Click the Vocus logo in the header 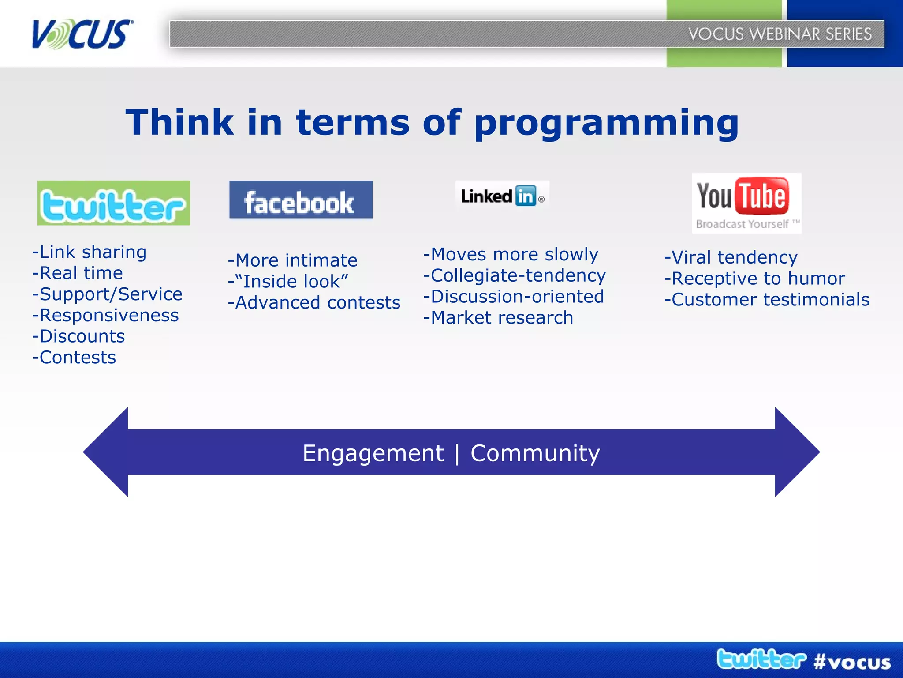pyautogui.click(x=82, y=34)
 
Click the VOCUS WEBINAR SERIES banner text pyautogui.click(x=780, y=34)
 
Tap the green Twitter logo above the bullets pyautogui.click(x=113, y=203)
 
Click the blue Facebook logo pyautogui.click(x=301, y=200)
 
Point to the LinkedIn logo pyautogui.click(x=502, y=196)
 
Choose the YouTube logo pyautogui.click(x=746, y=203)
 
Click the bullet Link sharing pyautogui.click(x=90, y=252)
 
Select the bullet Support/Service pyautogui.click(x=107, y=294)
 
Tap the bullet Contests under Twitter pyautogui.click(x=74, y=358)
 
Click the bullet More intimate pyautogui.click(x=292, y=260)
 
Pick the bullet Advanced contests pyautogui.click(x=314, y=303)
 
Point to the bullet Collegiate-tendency pyautogui.click(x=515, y=275)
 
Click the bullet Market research pyautogui.click(x=498, y=318)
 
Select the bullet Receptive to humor pyautogui.click(x=754, y=279)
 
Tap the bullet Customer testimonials pyautogui.click(x=767, y=300)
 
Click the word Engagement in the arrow pyautogui.click(x=373, y=453)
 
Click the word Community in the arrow pyautogui.click(x=535, y=453)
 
